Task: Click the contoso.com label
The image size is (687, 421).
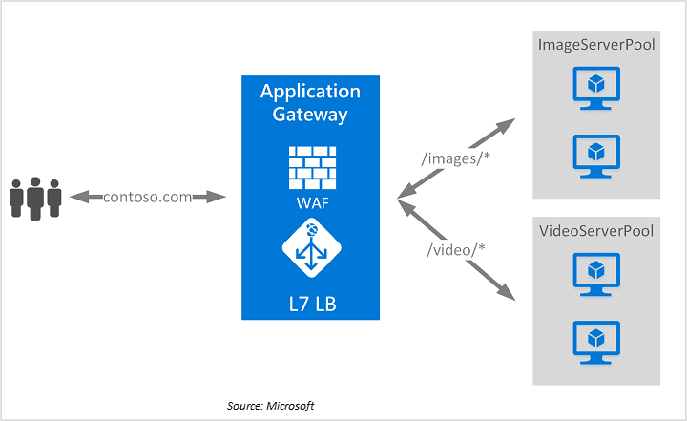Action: (x=147, y=197)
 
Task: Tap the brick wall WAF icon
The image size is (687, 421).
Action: (x=310, y=166)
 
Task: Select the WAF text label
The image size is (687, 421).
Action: (x=310, y=203)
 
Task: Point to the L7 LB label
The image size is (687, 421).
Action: (x=310, y=304)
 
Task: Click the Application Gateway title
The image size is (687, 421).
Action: (x=310, y=103)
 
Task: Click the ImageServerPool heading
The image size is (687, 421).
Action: (x=596, y=45)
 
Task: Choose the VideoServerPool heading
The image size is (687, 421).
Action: (x=596, y=231)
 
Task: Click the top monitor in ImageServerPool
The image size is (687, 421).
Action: (x=596, y=89)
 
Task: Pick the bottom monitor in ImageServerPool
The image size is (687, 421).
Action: (x=596, y=155)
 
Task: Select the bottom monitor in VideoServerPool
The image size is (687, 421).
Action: (x=596, y=341)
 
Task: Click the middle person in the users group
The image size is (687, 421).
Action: (x=35, y=197)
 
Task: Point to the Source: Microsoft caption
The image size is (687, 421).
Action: (x=270, y=406)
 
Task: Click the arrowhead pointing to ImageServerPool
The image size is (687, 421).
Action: (x=507, y=125)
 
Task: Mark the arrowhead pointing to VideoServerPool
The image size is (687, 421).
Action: (x=507, y=294)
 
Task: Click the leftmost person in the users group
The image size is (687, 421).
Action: (x=16, y=200)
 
